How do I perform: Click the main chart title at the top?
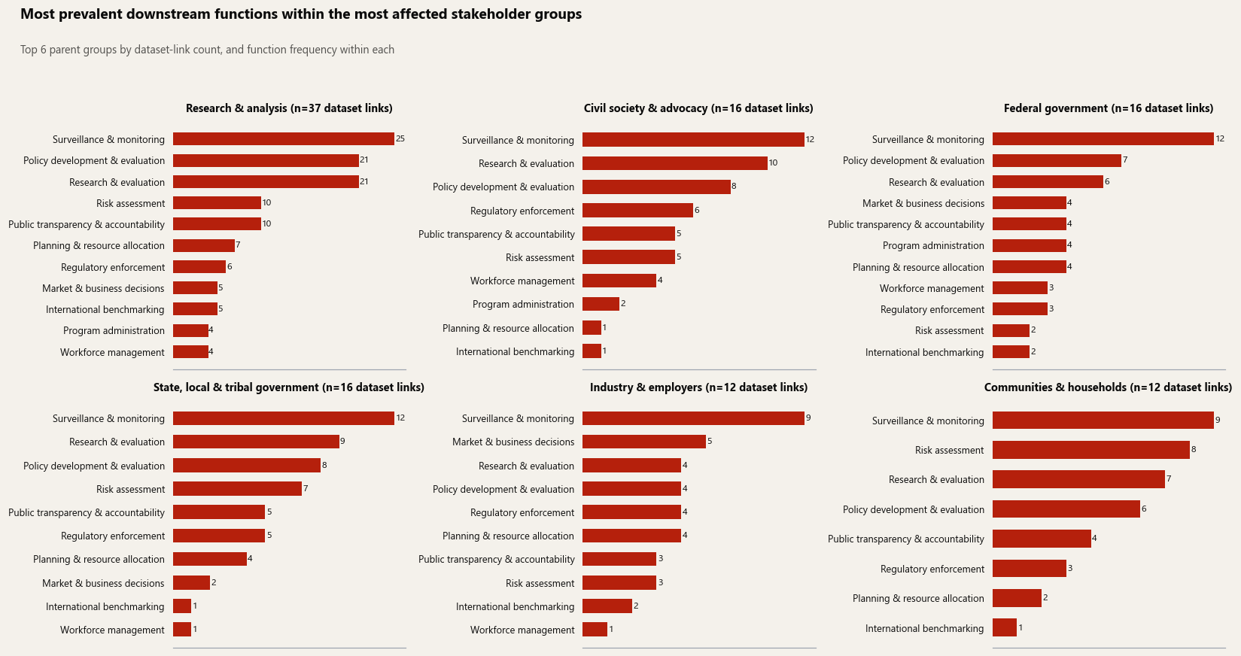[301, 14]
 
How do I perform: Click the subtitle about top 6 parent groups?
[207, 50]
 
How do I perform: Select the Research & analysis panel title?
[289, 108]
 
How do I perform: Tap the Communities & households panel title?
[1108, 387]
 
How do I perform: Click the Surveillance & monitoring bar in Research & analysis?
[284, 139]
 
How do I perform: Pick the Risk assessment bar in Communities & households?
[1091, 450]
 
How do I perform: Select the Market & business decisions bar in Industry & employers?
[643, 442]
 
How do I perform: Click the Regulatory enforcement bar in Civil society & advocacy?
[637, 211]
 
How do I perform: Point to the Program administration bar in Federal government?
[1030, 245]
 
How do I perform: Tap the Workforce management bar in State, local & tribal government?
[182, 630]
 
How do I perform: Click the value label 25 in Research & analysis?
[400, 138]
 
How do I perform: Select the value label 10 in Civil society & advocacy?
[774, 162]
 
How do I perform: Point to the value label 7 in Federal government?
[1125, 160]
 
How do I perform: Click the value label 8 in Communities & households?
[1194, 450]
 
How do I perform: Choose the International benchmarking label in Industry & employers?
[516, 607]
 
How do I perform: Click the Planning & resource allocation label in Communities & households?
[919, 598]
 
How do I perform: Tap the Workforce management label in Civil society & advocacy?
[522, 281]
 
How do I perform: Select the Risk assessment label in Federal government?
[950, 330]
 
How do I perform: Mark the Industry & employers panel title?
[698, 387]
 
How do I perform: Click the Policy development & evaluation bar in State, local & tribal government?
[247, 466]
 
